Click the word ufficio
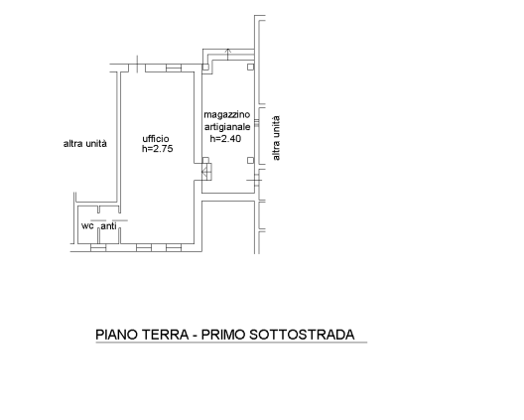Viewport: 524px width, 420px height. point(156,139)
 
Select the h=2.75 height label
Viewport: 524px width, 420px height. point(158,149)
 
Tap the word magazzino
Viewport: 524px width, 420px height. point(227,115)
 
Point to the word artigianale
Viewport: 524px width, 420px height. point(227,127)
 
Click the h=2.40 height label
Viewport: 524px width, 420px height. point(225,138)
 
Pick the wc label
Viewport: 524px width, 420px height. point(87,226)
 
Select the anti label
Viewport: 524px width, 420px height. point(108,226)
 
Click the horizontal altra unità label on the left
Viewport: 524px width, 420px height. point(85,144)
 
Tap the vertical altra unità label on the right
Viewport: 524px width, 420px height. point(276,138)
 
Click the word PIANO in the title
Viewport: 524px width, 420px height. point(117,335)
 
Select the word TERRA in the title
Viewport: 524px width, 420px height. point(166,335)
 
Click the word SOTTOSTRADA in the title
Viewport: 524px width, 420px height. point(302,335)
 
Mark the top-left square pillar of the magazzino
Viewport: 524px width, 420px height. point(205,68)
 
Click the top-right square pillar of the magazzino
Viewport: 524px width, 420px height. point(251,68)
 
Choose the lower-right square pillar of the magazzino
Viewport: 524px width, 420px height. point(251,161)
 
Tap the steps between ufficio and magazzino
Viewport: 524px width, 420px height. point(206,172)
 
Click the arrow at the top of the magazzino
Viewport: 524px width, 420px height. point(228,55)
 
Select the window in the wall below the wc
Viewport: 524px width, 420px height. point(98,248)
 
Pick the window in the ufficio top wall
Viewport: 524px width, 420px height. point(174,68)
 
